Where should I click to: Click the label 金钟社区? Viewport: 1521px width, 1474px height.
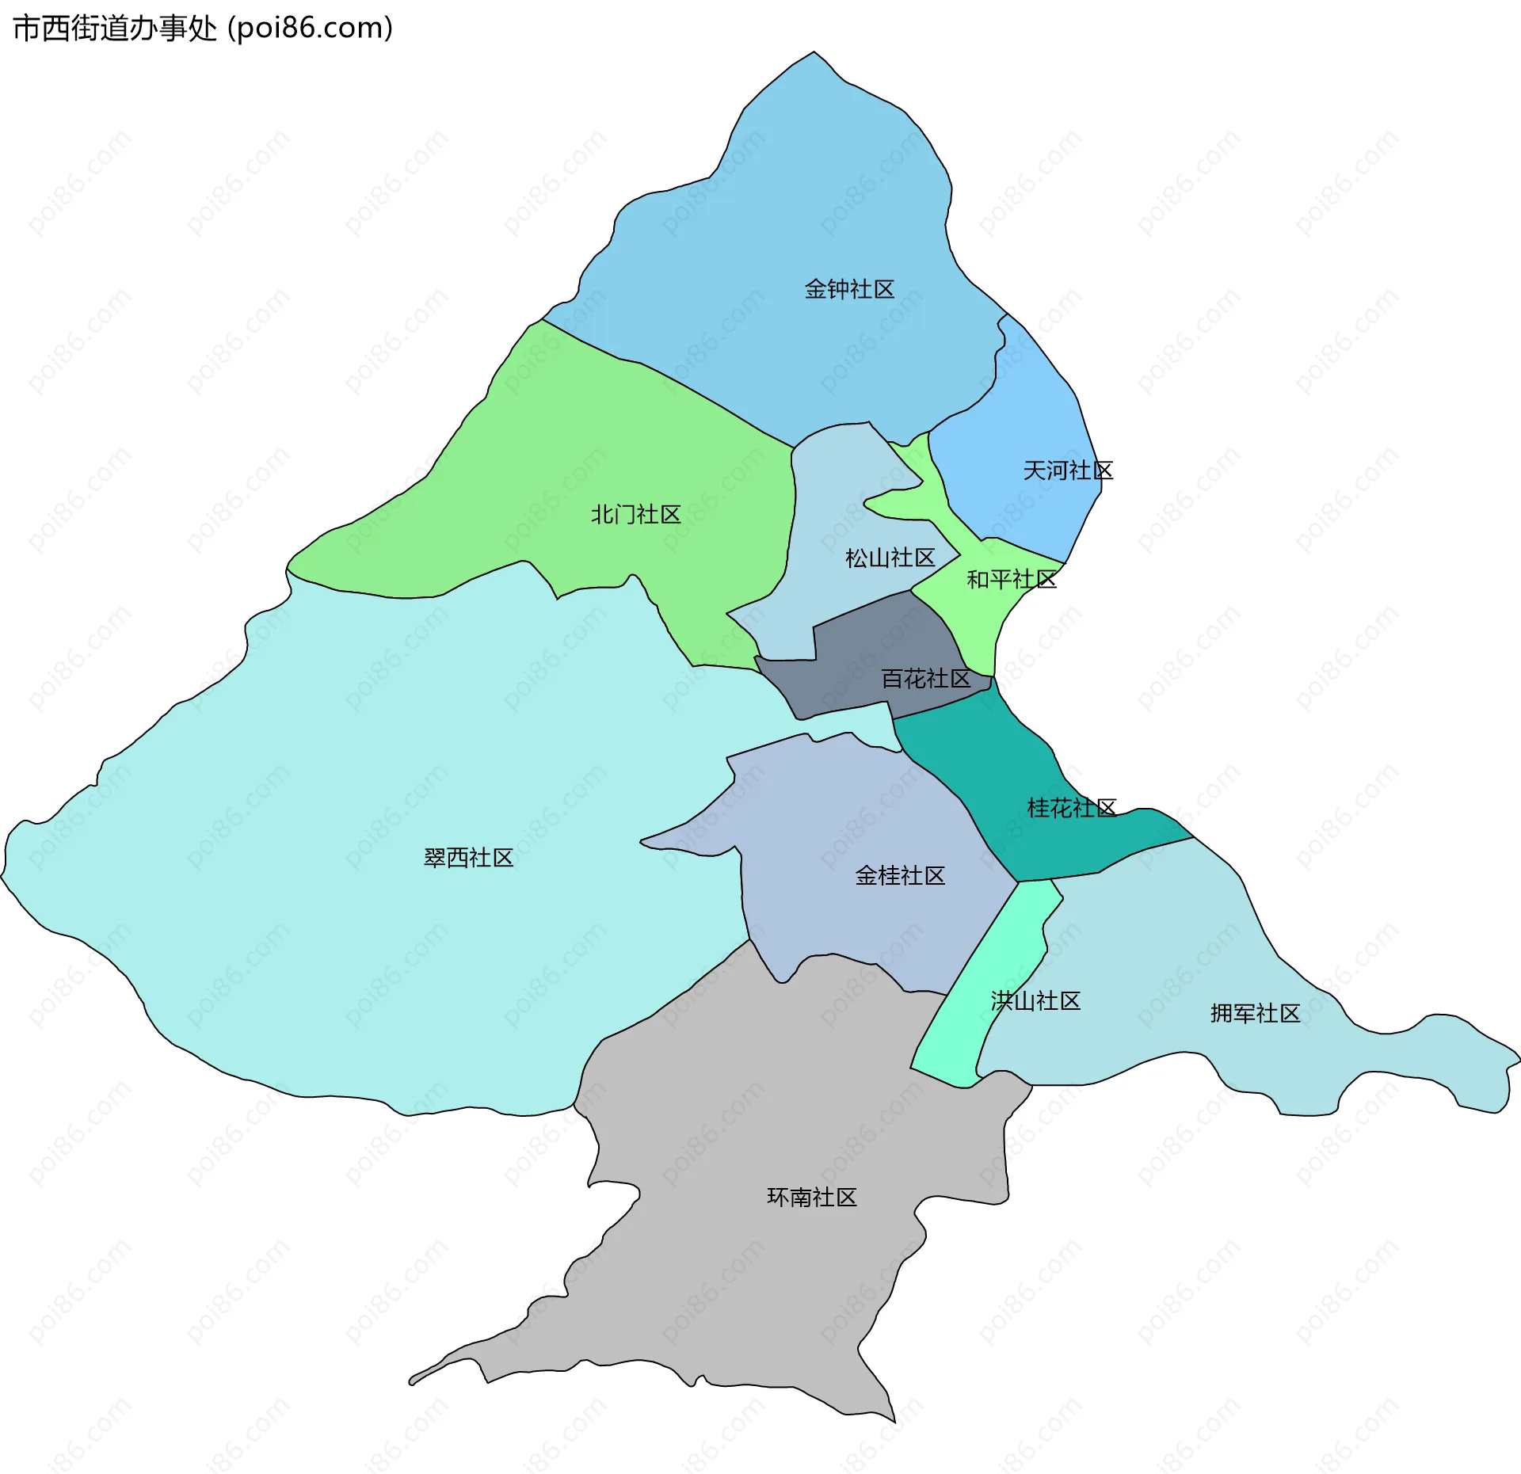coord(849,289)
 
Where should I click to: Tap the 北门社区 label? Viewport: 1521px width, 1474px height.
coord(636,515)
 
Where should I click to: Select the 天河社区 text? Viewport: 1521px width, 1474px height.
coord(1068,470)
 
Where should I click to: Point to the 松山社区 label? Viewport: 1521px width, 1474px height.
coord(890,558)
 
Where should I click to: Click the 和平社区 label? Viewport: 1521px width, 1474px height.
coord(1012,580)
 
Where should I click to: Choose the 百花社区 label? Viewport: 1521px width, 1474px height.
coord(926,679)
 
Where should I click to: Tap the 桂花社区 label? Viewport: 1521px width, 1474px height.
coord(1072,808)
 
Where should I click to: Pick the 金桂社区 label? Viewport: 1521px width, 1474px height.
coord(900,875)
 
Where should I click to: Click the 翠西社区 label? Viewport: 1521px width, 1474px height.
coord(468,858)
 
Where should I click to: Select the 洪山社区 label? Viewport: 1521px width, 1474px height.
coord(1035,1001)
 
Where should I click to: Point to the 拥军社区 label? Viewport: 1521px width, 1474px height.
coord(1255,1013)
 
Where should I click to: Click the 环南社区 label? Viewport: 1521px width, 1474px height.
coord(812,1197)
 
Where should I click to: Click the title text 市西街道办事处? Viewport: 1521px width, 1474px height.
coord(115,29)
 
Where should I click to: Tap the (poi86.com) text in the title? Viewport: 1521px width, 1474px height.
coord(310,29)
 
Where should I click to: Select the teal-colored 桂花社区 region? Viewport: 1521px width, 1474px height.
coord(998,760)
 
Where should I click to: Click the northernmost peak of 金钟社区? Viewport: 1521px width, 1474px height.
coord(814,53)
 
